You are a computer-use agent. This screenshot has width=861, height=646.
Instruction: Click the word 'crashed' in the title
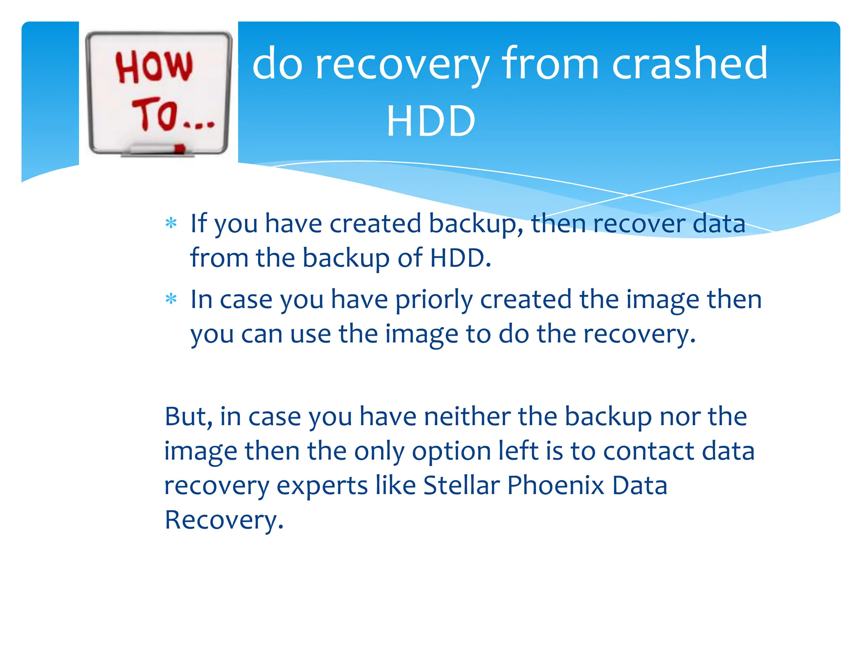tap(689, 64)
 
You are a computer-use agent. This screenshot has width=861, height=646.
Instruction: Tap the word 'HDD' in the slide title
tap(431, 121)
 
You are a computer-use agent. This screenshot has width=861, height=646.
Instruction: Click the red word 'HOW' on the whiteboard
tap(154, 66)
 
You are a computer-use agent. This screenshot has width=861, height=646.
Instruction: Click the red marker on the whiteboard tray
tap(180, 148)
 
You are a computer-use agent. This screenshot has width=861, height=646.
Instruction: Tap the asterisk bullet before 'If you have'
tap(171, 223)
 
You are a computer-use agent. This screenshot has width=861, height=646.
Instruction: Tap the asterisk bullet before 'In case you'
tap(171, 299)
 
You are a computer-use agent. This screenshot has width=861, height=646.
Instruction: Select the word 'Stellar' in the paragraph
tap(461, 485)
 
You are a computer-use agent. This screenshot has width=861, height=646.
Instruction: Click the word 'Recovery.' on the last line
tap(224, 520)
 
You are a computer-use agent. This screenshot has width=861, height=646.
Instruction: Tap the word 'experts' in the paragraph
tap(322, 486)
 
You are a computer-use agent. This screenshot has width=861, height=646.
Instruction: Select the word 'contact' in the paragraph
tap(649, 451)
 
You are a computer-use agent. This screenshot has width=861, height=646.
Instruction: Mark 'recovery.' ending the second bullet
tap(639, 335)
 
